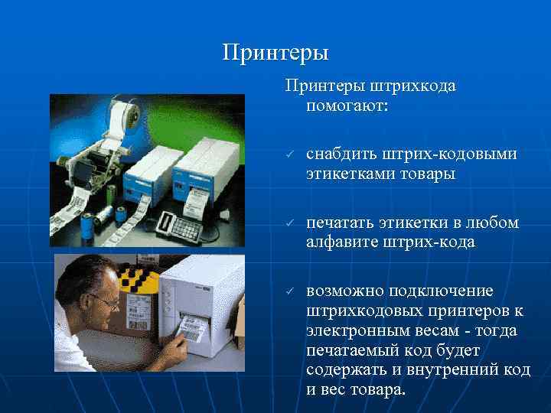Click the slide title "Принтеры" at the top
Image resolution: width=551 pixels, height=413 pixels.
click(x=275, y=53)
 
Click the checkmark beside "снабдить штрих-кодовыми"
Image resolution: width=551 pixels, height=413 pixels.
click(x=291, y=155)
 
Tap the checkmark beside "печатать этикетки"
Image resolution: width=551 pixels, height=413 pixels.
click(x=291, y=223)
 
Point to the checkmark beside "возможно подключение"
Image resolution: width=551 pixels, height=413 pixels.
click(x=291, y=291)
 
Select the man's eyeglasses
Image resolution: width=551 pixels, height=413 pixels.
click(x=101, y=301)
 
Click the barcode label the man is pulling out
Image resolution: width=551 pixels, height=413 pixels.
click(x=190, y=330)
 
